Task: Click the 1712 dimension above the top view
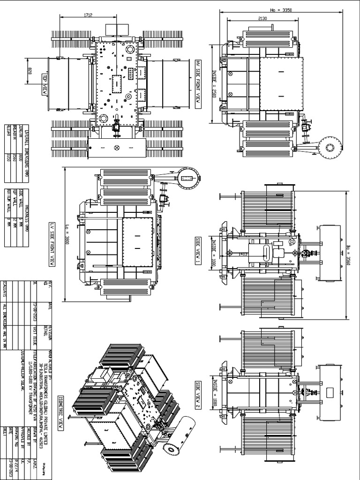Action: coord(88,15)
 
